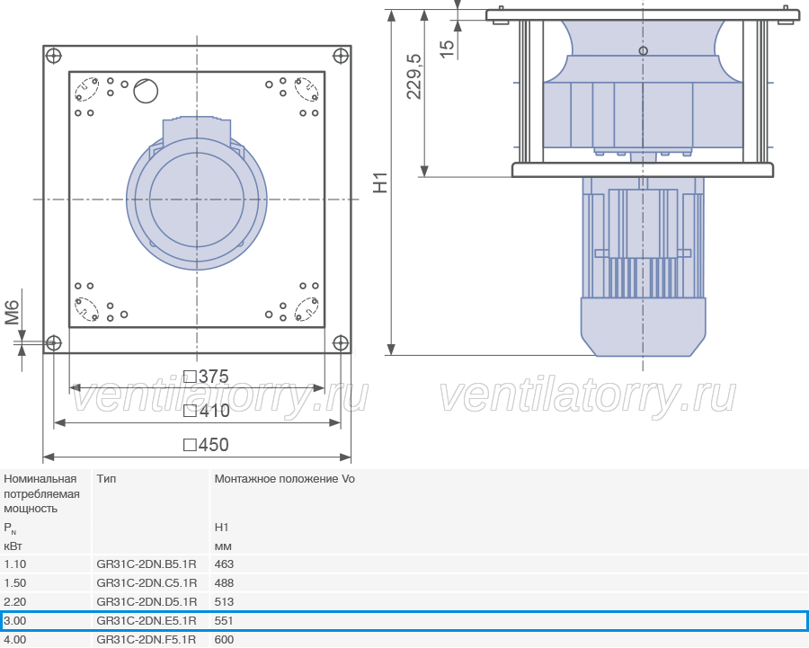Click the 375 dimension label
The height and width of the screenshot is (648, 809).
(207, 377)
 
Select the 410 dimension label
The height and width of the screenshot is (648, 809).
(207, 411)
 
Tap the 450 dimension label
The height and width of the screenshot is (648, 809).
(207, 445)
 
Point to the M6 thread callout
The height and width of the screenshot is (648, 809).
(12, 313)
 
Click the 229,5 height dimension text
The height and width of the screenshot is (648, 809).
(413, 76)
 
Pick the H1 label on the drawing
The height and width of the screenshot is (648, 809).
(380, 182)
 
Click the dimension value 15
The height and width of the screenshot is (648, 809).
(447, 49)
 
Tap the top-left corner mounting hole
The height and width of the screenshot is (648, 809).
(54, 56)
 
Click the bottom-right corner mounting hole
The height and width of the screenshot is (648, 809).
(341, 342)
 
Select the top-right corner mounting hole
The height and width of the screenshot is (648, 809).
(341, 56)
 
